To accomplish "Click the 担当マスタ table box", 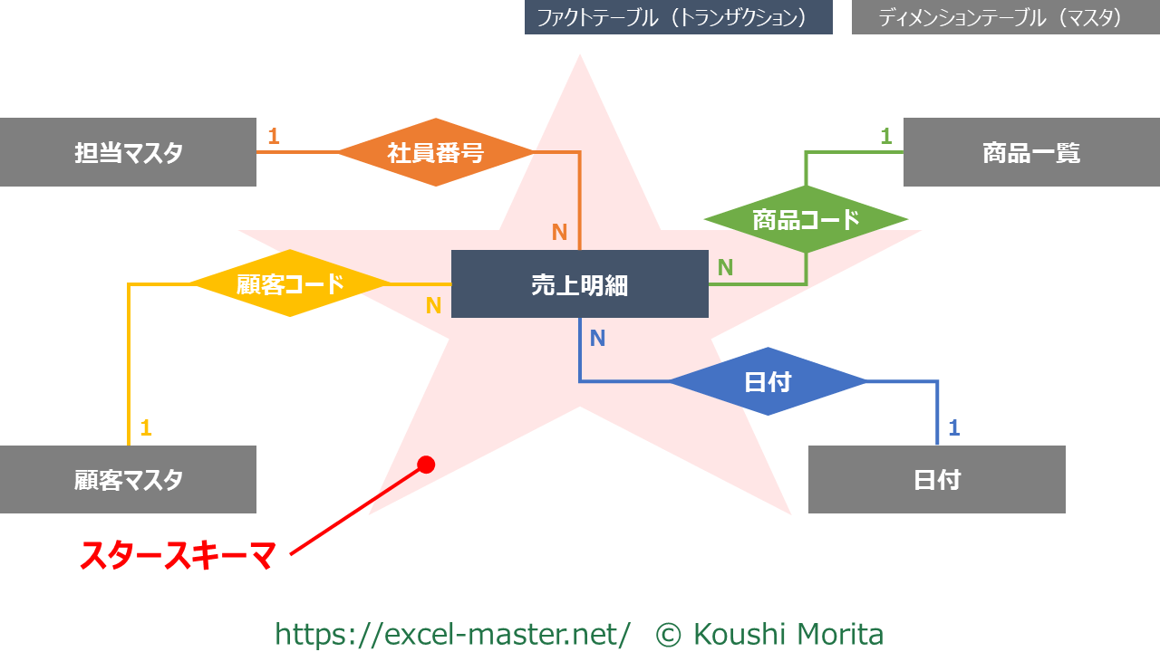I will [x=128, y=152].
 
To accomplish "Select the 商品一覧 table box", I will [x=1031, y=152].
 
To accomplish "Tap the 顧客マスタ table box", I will [x=128, y=479].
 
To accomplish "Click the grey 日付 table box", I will [x=936, y=479].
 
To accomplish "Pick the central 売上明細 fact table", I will [x=579, y=284].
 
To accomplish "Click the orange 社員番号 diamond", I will [x=436, y=152].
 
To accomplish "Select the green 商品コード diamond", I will [x=806, y=219].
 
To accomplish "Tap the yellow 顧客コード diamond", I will [x=290, y=283].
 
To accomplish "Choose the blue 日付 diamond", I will [x=768, y=381].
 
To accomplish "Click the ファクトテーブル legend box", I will [x=678, y=17].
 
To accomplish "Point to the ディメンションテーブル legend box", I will [x=1005, y=17].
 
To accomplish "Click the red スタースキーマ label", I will [x=178, y=555].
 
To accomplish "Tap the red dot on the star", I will [x=426, y=465].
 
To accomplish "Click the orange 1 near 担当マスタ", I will [x=274, y=137].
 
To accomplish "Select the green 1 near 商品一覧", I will [x=886, y=137].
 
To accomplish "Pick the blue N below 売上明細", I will [x=597, y=339].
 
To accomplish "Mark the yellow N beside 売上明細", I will [x=434, y=306].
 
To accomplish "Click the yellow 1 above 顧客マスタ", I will [x=146, y=427].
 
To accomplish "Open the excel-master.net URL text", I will [x=452, y=634].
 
